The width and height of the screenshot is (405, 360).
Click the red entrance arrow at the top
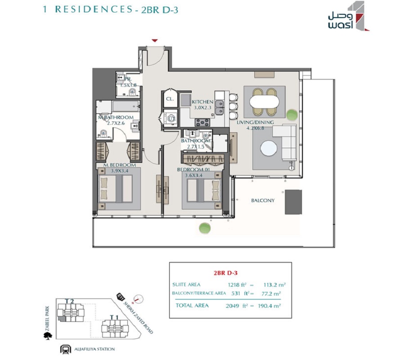coord(155,41)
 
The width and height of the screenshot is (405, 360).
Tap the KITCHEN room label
coord(202,102)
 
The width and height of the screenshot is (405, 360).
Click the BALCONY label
coord(262,200)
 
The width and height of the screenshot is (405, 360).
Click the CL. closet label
coord(169,99)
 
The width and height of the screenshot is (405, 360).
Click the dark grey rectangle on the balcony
coord(293,202)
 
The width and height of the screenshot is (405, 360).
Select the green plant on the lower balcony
coord(205,227)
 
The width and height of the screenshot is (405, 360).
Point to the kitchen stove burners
coord(202,122)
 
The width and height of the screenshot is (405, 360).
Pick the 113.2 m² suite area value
coord(276,284)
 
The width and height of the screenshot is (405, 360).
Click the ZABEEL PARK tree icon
coord(49,335)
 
